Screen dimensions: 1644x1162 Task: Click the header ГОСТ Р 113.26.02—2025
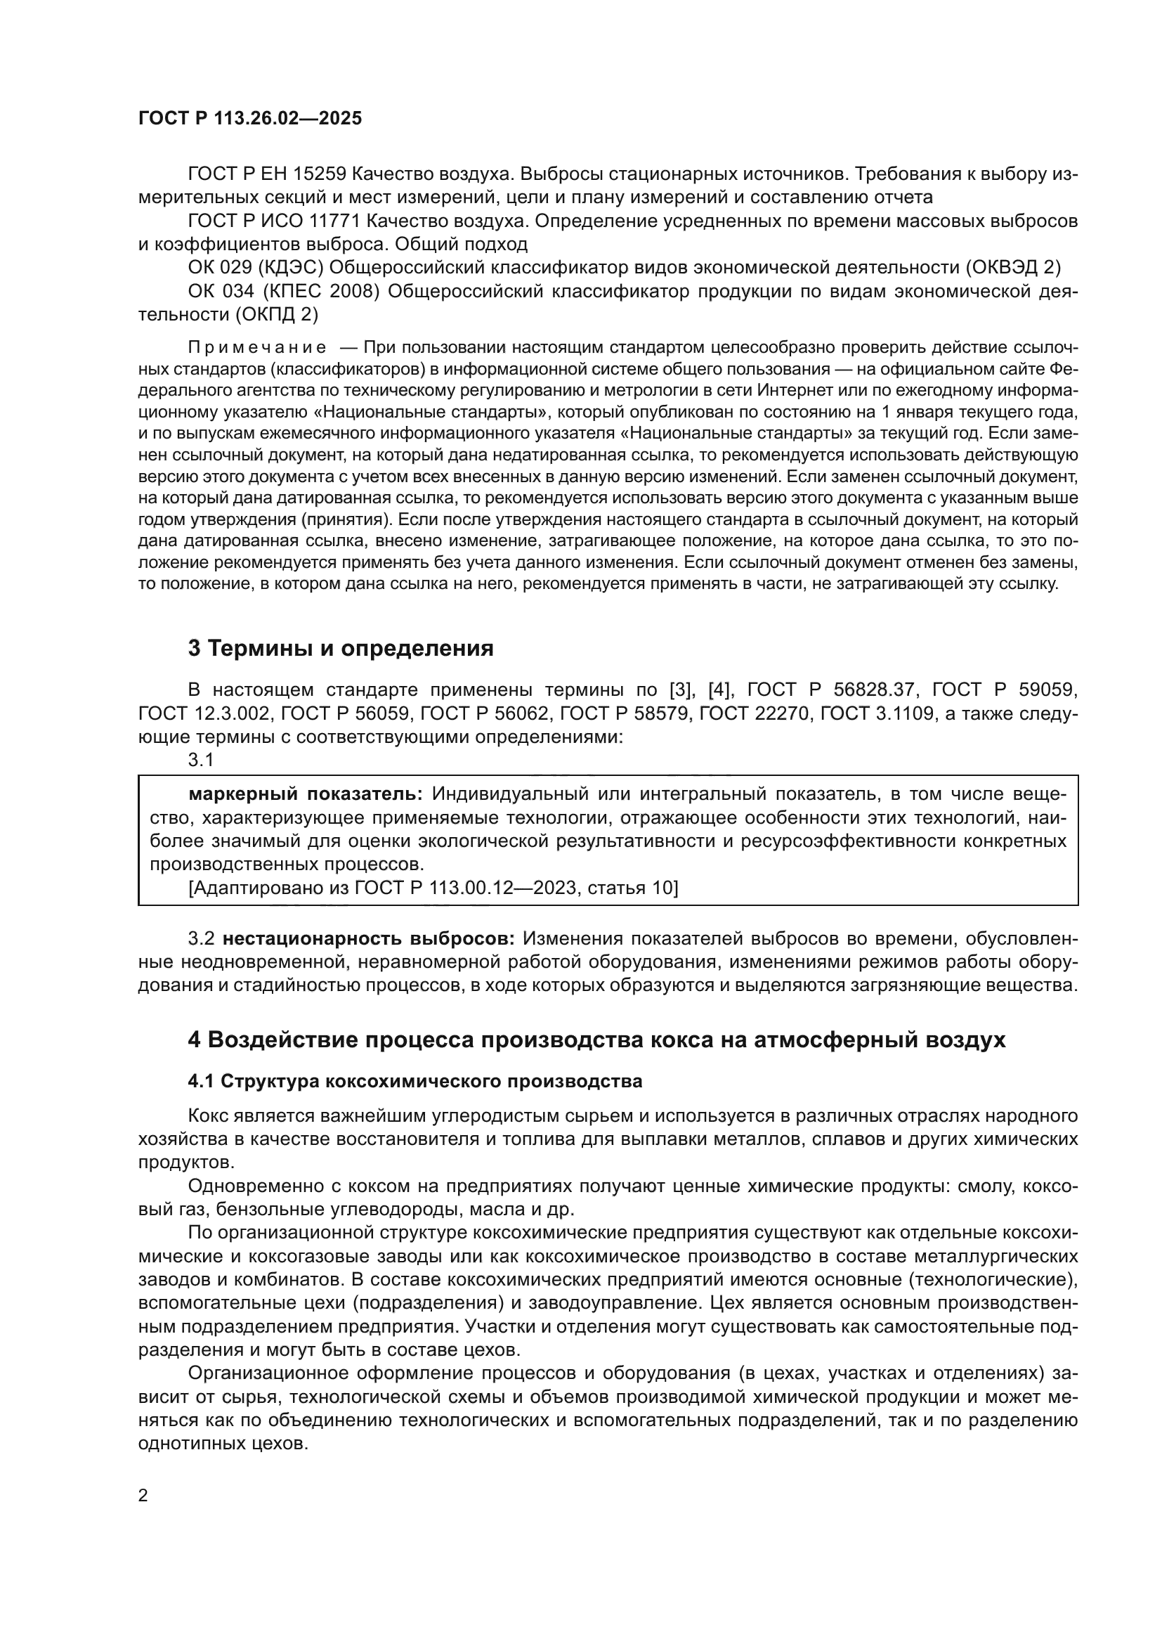coord(250,119)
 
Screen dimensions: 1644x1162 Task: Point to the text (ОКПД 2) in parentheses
coord(275,314)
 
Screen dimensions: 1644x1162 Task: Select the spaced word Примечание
coord(257,348)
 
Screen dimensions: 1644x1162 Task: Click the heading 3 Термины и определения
coord(341,649)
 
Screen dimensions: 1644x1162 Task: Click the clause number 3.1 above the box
coord(201,760)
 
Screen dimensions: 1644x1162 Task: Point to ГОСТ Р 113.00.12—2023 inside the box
coord(465,888)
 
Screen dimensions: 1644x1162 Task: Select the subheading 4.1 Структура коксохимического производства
coord(415,1081)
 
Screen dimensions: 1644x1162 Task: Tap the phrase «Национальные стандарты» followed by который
coord(433,413)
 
